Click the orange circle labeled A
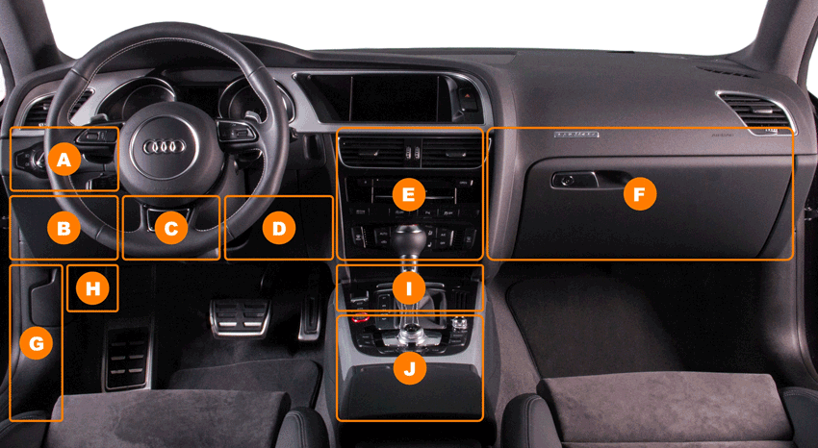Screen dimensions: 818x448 (x=64, y=159)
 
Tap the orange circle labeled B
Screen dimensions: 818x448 (x=64, y=228)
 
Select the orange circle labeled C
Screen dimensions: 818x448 (x=171, y=228)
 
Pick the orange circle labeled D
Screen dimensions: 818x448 (x=279, y=228)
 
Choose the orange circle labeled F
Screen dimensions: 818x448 (x=640, y=194)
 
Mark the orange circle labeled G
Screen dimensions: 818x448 (x=36, y=343)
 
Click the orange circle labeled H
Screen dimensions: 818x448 (x=92, y=287)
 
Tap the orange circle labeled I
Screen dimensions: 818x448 (x=408, y=287)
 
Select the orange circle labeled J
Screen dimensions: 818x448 (x=410, y=368)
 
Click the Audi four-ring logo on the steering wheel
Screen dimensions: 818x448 (x=165, y=147)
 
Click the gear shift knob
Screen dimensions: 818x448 (x=409, y=239)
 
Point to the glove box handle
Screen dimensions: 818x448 (x=575, y=180)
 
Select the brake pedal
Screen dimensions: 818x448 (x=241, y=317)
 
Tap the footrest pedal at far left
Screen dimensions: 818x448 (x=128, y=359)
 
